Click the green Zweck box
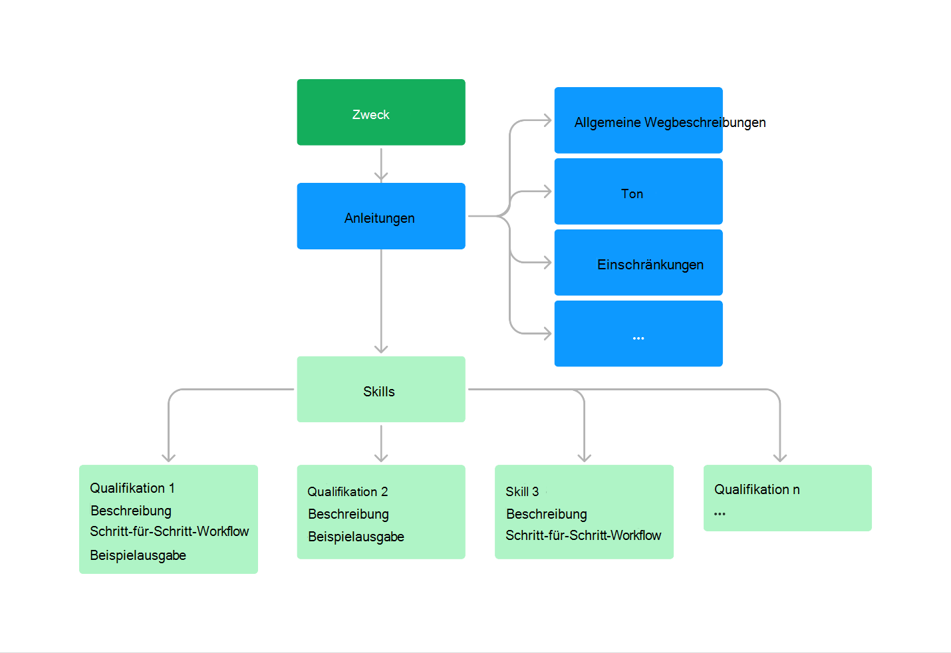tap(380, 112)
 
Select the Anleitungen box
tap(380, 217)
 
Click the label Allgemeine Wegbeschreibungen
tap(670, 122)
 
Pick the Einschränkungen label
tap(650, 265)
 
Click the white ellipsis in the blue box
tap(638, 338)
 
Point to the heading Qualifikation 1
tap(132, 488)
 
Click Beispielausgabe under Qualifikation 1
tap(138, 555)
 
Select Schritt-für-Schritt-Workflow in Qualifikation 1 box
tap(169, 531)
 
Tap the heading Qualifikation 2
tap(347, 491)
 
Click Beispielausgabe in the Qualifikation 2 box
tap(356, 537)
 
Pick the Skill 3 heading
tap(522, 491)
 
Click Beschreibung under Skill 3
tap(546, 514)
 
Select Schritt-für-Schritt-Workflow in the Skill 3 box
tap(583, 535)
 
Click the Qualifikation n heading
tap(757, 489)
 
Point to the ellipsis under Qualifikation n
tap(720, 513)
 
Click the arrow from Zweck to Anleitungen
tap(381, 164)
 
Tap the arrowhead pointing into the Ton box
tap(547, 192)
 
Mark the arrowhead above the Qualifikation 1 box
tap(169, 457)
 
